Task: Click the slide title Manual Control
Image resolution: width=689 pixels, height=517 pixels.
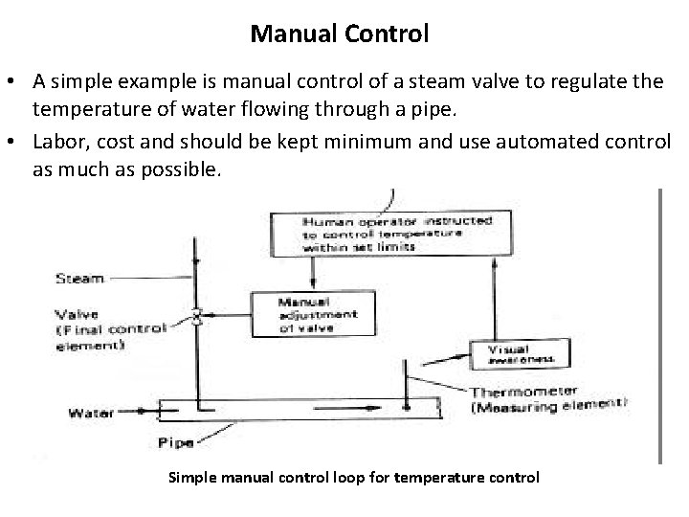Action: [340, 34]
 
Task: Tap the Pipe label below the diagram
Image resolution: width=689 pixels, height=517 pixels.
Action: [177, 443]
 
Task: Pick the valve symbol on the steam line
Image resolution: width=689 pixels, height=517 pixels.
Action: [197, 316]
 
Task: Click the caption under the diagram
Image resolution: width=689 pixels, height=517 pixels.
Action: [353, 477]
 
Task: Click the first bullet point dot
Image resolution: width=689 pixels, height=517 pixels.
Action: [16, 81]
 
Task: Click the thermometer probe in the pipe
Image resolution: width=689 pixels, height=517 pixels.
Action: [408, 388]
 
